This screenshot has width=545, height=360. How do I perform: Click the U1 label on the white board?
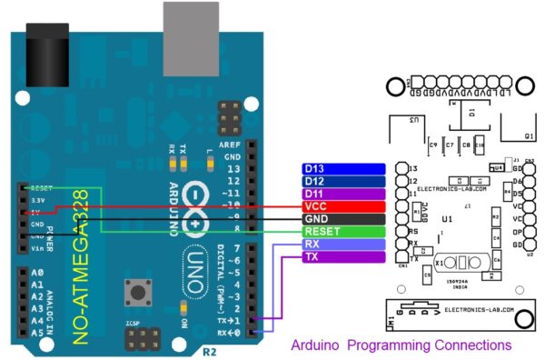447,219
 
